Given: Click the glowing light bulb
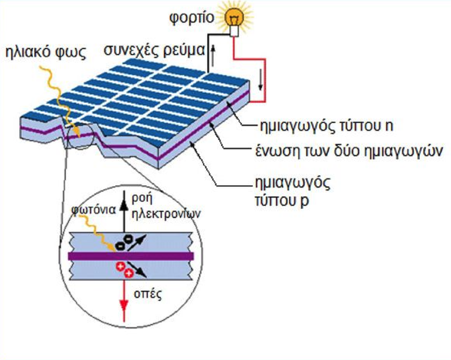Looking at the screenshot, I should pyautogui.click(x=235, y=17).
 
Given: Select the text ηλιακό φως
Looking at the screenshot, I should pyautogui.click(x=44, y=52).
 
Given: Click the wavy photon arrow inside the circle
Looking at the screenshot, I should pyautogui.click(x=102, y=232).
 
